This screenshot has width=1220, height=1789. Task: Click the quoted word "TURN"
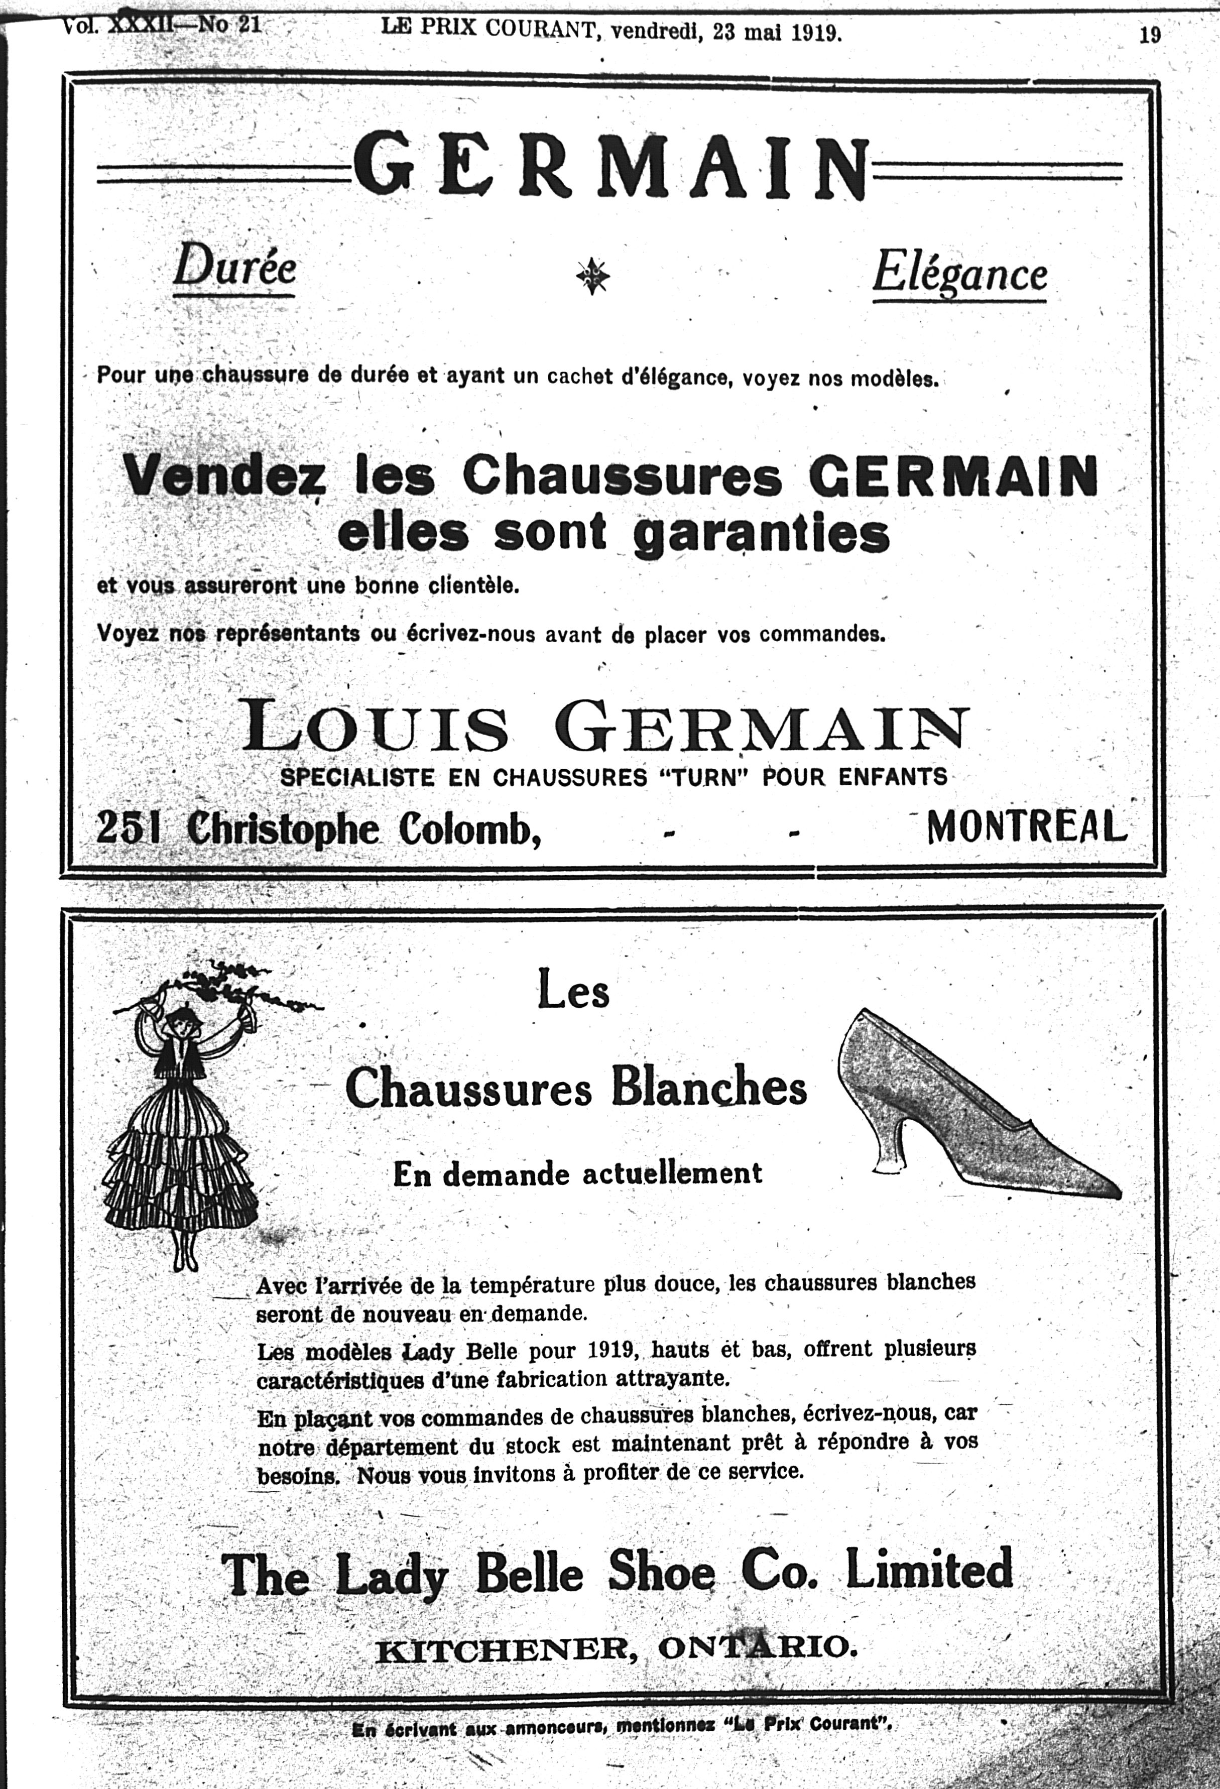(x=706, y=777)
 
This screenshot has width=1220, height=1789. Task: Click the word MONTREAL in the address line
(x=1026, y=827)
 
